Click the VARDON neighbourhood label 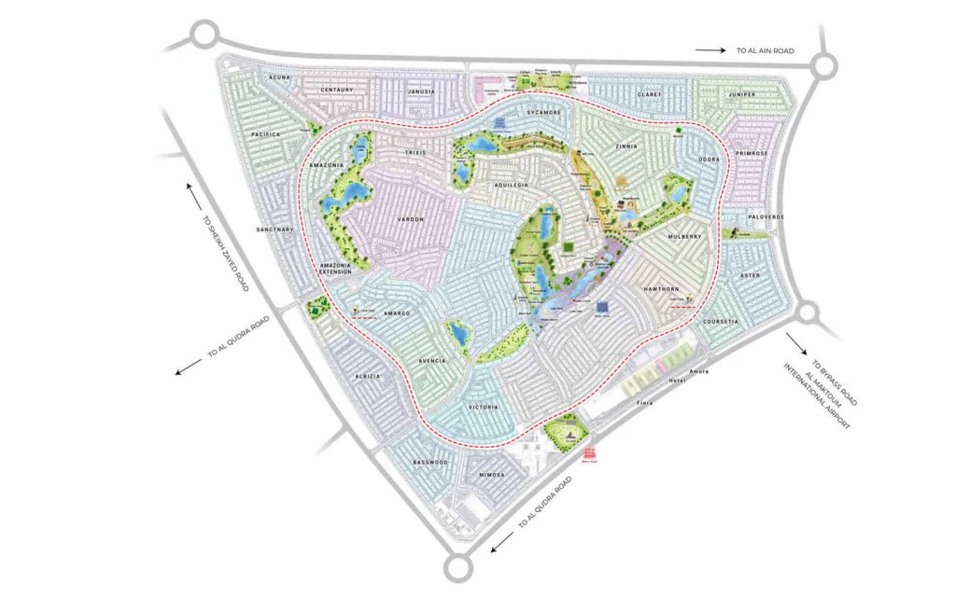(x=412, y=219)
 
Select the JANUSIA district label (x=423, y=93)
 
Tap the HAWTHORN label (x=665, y=289)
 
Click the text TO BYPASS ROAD (x=834, y=381)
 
